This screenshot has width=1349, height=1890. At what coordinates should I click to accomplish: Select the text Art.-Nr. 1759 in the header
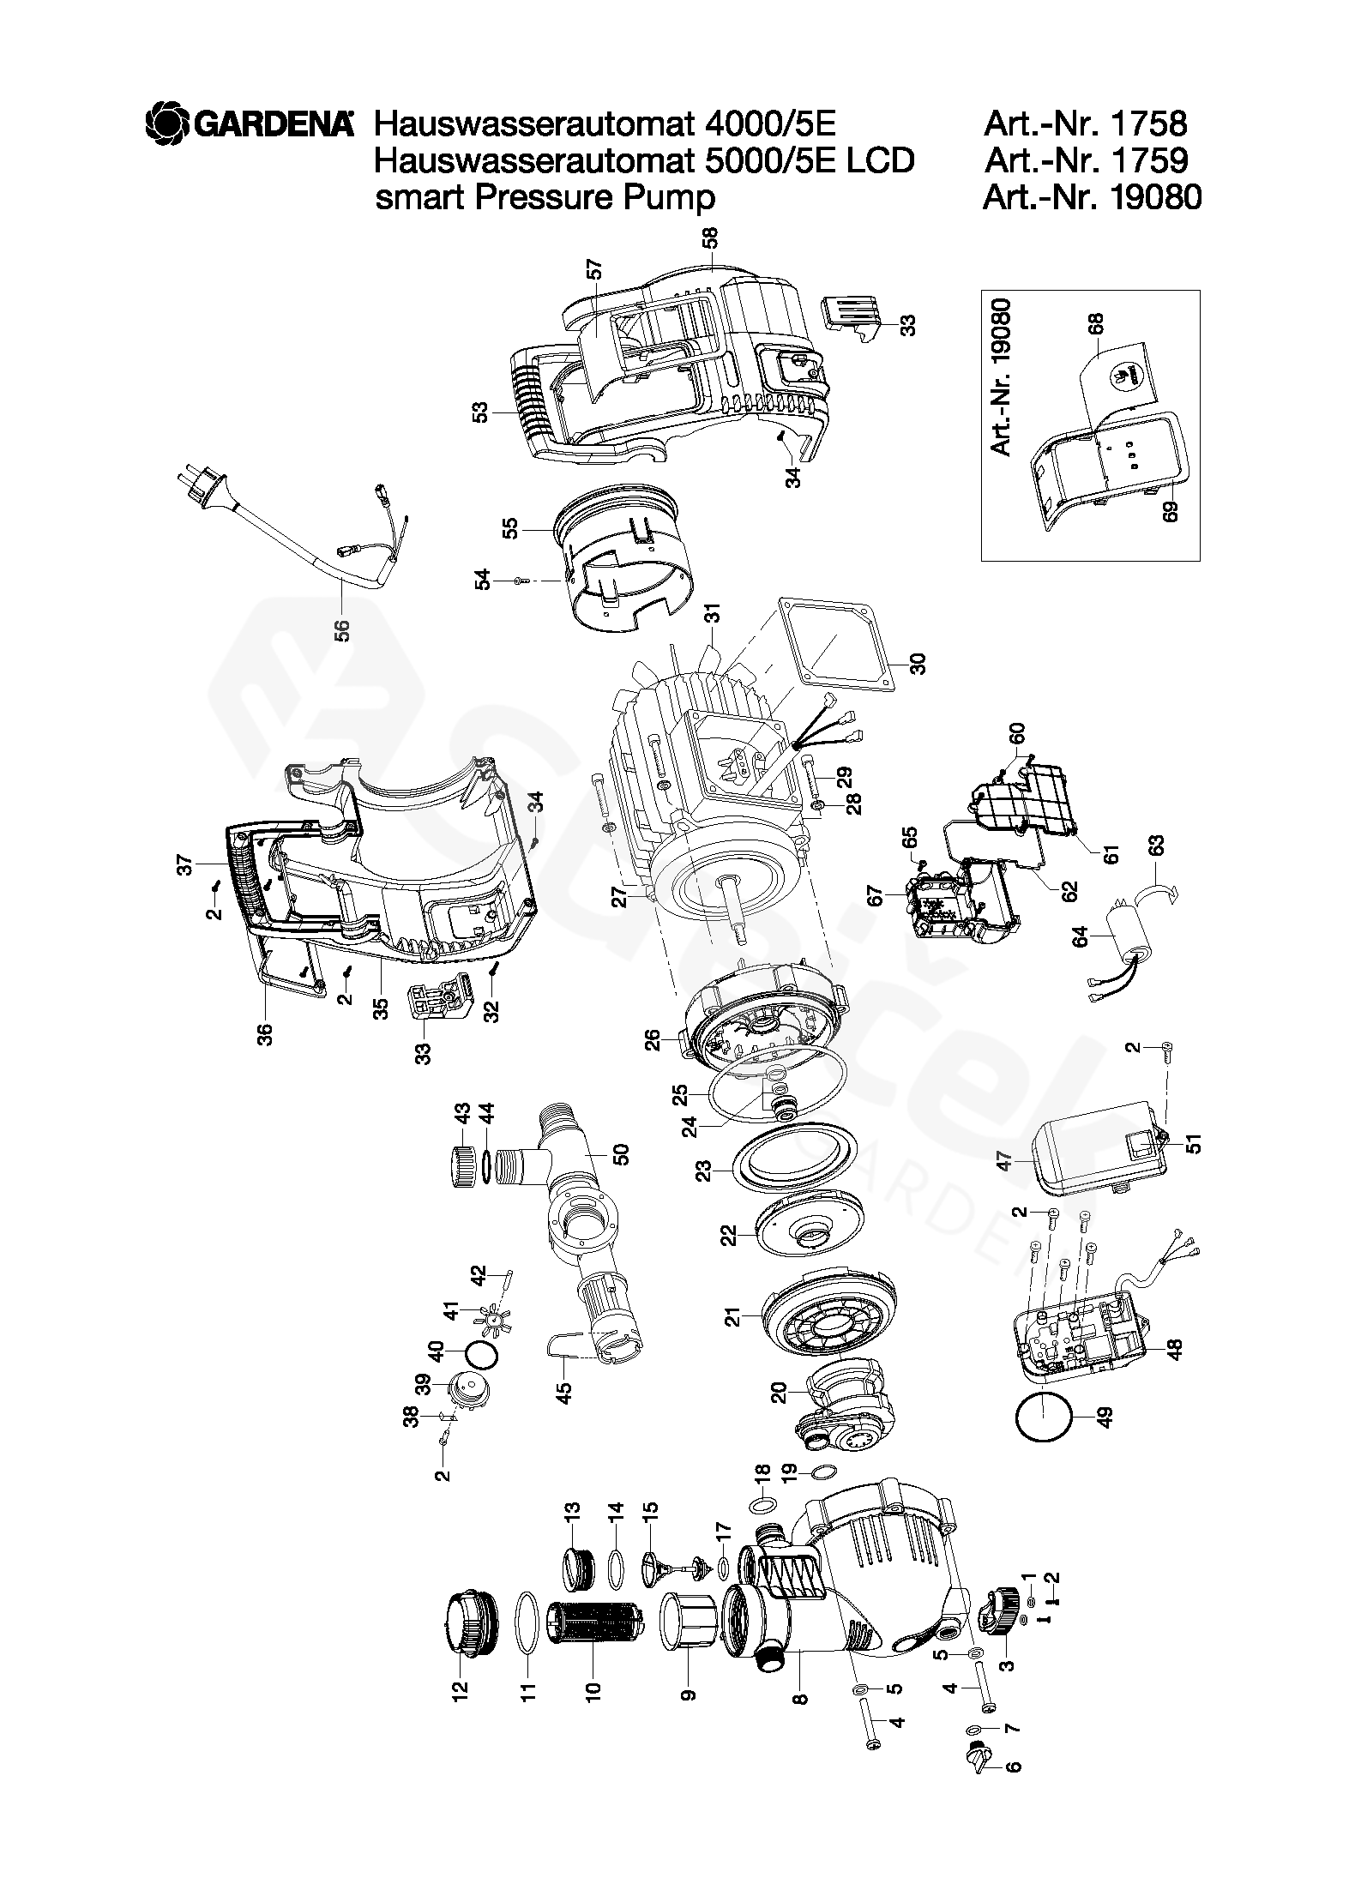(x=1086, y=160)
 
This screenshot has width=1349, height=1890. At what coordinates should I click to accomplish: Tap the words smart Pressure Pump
(x=545, y=198)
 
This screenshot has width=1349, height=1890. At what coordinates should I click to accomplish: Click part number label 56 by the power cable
(x=341, y=630)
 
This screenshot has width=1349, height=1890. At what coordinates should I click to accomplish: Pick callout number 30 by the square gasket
(x=918, y=664)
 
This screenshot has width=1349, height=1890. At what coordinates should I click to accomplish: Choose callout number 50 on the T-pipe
(x=622, y=1154)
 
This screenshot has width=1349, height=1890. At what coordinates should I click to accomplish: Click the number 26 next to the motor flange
(x=653, y=1040)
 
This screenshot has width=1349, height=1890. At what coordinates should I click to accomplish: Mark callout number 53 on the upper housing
(x=480, y=412)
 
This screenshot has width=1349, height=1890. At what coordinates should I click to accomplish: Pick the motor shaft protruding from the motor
(x=732, y=909)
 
